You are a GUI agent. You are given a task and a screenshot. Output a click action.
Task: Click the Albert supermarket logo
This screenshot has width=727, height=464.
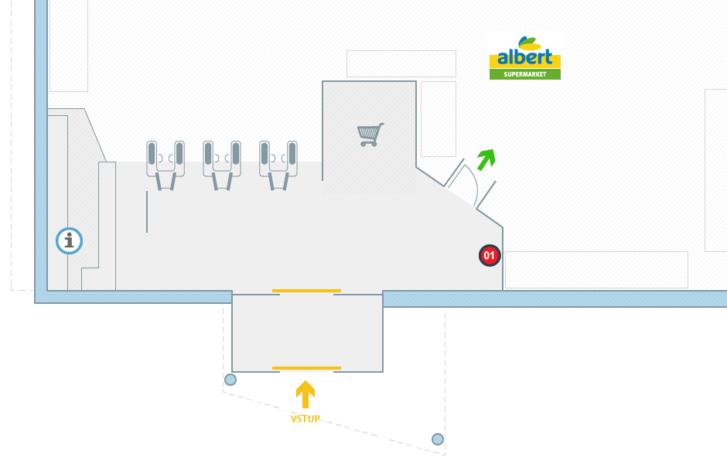click(525, 56)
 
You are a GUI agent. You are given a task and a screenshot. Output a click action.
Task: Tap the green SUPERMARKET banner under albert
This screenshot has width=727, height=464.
click(525, 74)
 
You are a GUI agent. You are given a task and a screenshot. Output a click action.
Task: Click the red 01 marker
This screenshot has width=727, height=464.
click(489, 255)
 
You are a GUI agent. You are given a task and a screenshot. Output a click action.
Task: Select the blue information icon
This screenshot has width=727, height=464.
click(69, 241)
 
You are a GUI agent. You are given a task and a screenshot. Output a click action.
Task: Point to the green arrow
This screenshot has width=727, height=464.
click(486, 159)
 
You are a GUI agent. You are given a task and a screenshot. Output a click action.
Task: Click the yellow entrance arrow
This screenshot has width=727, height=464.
click(305, 394)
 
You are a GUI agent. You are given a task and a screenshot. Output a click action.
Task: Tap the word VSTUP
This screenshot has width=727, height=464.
click(305, 419)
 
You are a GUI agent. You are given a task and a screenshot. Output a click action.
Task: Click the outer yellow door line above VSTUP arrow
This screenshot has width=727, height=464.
click(306, 367)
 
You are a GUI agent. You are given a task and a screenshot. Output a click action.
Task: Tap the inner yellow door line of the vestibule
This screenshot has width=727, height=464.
click(306, 291)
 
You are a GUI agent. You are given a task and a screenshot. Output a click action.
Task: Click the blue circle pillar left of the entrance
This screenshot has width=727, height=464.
click(230, 380)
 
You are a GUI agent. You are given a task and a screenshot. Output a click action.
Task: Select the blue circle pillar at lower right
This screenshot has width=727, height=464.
click(438, 439)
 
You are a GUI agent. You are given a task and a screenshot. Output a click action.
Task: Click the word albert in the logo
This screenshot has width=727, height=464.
click(525, 57)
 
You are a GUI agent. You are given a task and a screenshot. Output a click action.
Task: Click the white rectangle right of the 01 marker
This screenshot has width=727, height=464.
click(596, 269)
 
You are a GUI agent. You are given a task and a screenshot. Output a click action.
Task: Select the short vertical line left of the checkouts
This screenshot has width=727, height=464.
click(147, 212)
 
